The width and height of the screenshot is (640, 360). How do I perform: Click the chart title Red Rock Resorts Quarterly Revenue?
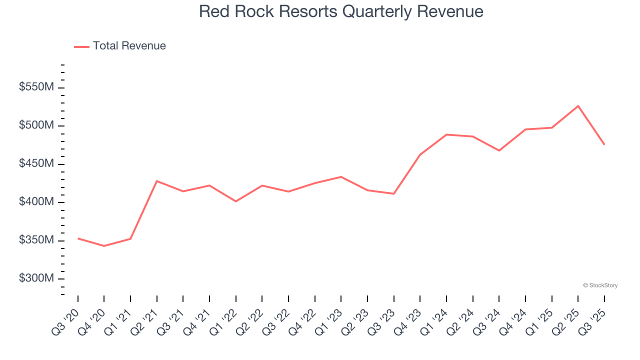pos(341,11)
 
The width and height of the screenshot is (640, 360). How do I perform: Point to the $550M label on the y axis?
pos(36,87)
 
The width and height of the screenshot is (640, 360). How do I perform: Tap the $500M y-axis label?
pos(36,125)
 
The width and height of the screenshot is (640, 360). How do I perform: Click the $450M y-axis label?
pos(36,164)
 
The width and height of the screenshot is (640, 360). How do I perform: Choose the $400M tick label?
pos(36,202)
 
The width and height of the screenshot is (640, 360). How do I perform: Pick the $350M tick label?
pos(36,240)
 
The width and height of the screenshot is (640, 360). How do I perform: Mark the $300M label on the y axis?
pos(36,278)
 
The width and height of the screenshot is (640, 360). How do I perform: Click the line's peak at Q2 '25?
pos(578,106)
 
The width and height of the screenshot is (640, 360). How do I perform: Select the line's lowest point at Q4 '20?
pos(104,246)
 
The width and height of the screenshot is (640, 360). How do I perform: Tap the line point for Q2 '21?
pos(157,181)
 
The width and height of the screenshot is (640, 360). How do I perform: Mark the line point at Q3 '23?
pos(394,193)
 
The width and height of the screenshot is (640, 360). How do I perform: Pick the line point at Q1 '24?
pos(446,134)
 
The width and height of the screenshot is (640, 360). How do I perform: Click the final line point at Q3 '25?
pos(604,144)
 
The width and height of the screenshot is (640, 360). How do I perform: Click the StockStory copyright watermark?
pos(600,285)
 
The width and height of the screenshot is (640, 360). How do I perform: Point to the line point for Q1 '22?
pos(236,201)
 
